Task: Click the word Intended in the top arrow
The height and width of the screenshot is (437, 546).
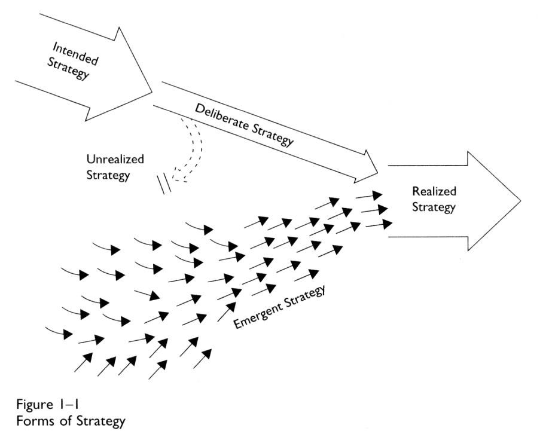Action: click(x=75, y=53)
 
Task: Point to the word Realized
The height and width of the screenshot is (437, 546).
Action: click(x=434, y=192)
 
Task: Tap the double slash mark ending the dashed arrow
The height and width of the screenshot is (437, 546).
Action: click(x=164, y=185)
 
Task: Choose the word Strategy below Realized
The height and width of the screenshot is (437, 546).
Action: click(x=434, y=207)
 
